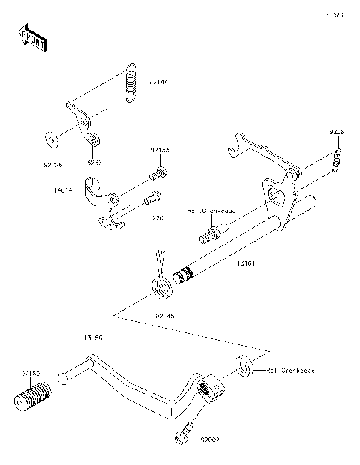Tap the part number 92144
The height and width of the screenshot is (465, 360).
[x=159, y=80]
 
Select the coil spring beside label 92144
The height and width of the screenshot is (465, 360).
[x=132, y=82]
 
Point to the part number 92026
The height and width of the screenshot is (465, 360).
[x=52, y=160]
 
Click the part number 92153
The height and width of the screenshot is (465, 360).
[x=159, y=150]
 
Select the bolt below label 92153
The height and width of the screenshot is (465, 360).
[x=158, y=174]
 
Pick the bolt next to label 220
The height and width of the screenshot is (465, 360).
[x=150, y=200]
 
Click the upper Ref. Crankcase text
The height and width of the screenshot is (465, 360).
[x=211, y=211]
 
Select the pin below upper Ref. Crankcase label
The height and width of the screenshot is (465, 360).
[x=212, y=232]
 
